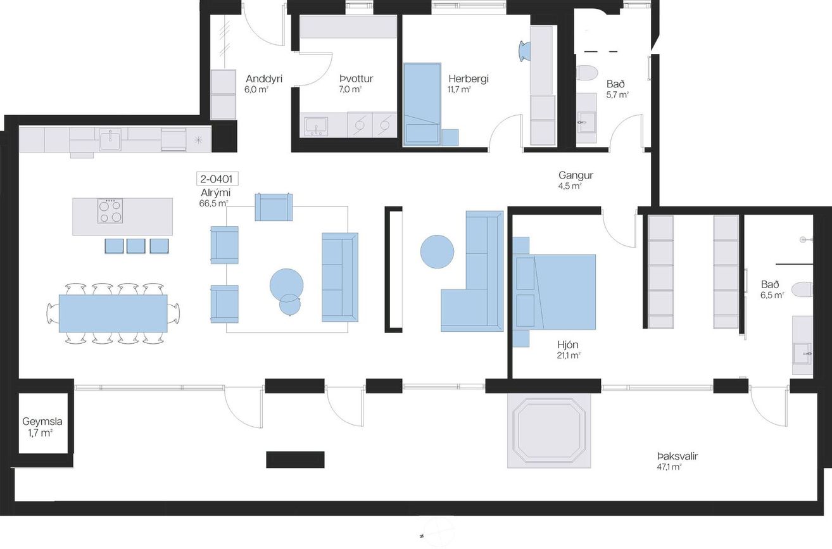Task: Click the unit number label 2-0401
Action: tap(217, 179)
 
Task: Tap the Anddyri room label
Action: tap(264, 79)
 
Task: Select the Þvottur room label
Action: tap(356, 79)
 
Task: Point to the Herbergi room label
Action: tap(469, 79)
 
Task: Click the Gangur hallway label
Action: tap(576, 175)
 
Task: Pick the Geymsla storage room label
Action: tap(42, 422)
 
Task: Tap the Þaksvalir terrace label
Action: tap(678, 456)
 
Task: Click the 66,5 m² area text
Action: tap(213, 203)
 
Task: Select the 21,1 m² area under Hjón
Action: tap(569, 355)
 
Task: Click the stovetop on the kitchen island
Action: tap(110, 211)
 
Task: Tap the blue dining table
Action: tap(113, 313)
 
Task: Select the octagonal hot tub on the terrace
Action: tap(549, 431)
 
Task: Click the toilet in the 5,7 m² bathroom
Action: tap(586, 73)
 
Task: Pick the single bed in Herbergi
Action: tap(422, 104)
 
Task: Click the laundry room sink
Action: tap(316, 127)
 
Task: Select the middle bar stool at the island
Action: tap(136, 246)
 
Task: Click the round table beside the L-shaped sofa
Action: tap(437, 251)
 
